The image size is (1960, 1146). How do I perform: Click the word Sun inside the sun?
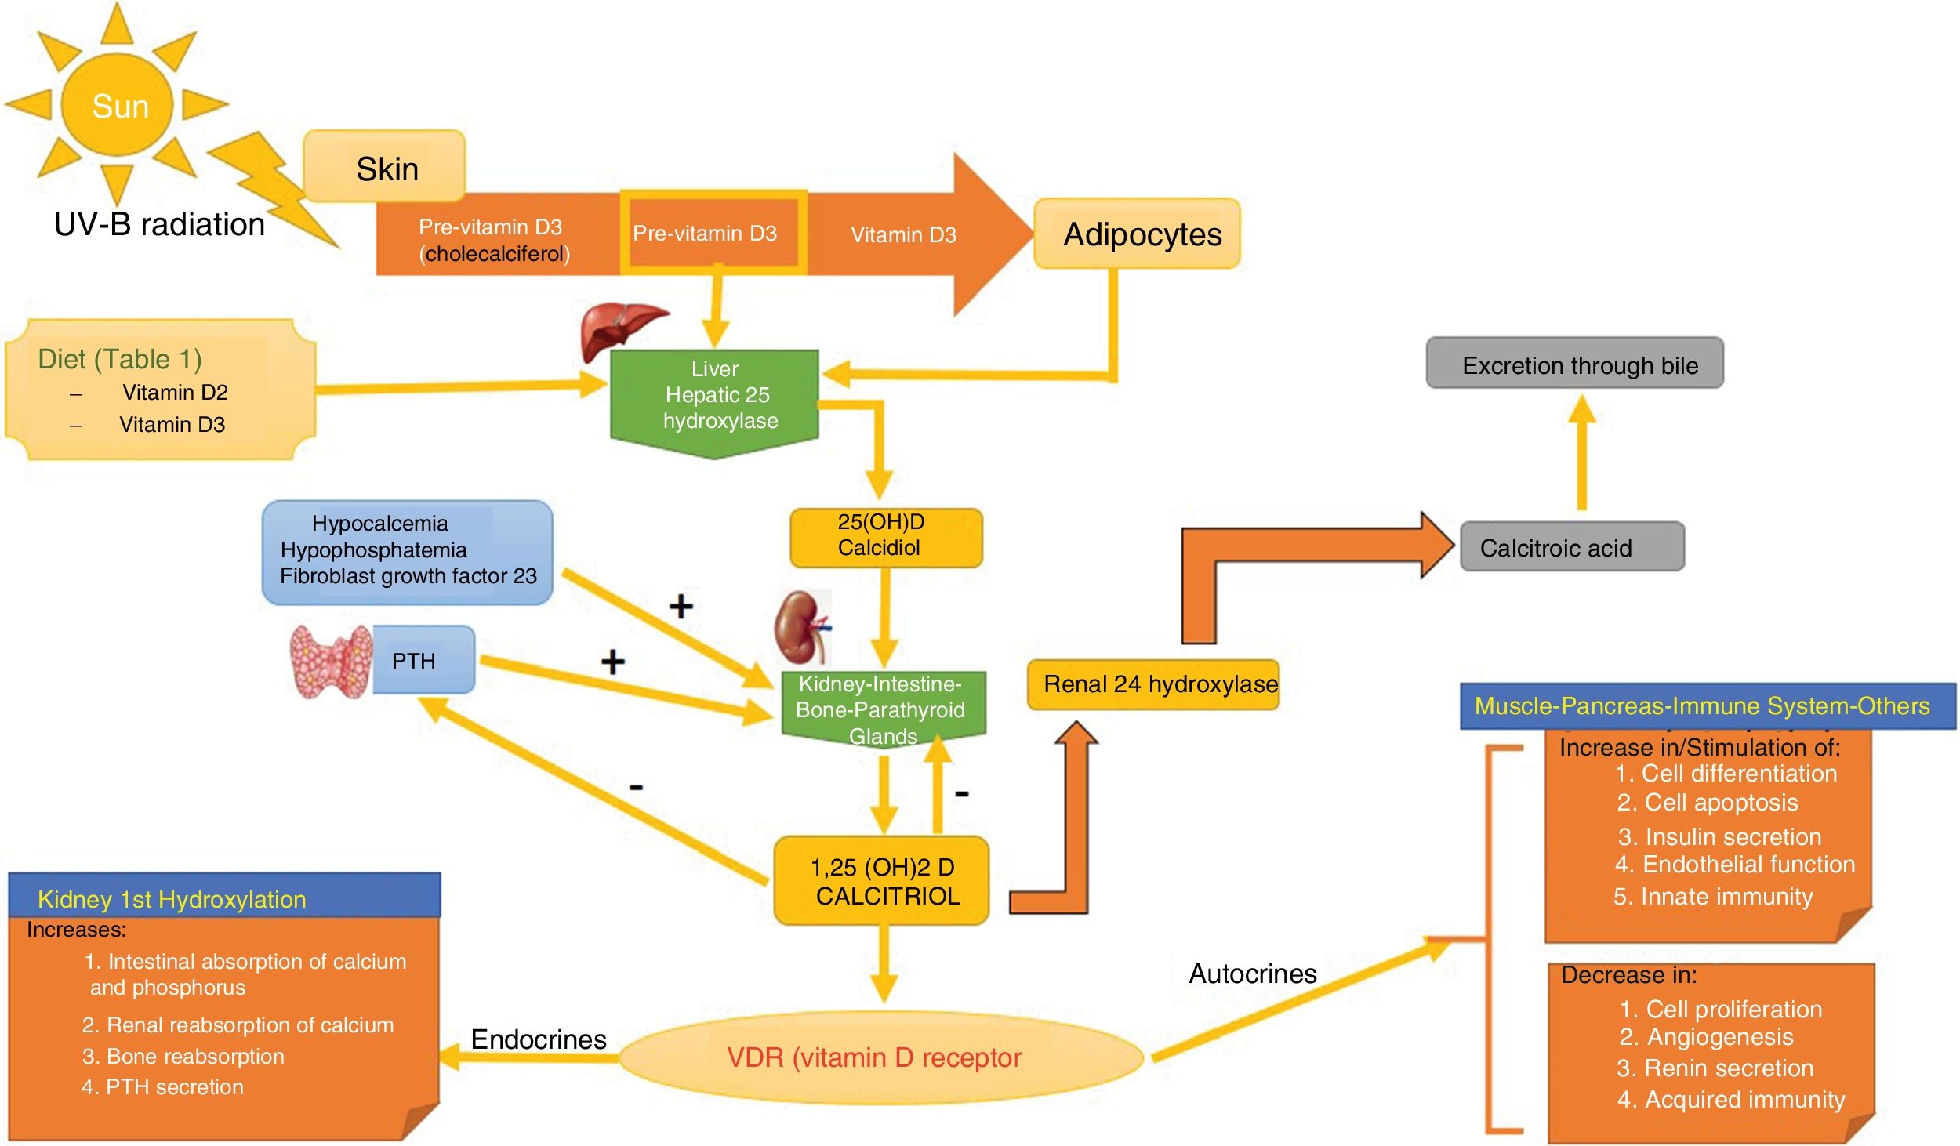[x=120, y=106]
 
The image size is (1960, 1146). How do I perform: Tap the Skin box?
[x=384, y=166]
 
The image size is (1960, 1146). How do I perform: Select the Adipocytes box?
[x=1137, y=234]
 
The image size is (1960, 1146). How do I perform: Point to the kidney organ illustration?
[x=801, y=627]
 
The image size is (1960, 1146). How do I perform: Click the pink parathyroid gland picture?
[x=331, y=662]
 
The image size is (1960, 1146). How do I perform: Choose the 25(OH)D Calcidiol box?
[x=886, y=538]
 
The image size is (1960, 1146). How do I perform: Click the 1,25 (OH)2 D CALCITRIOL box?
[x=881, y=880]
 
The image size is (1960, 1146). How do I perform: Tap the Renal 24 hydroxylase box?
[x=1153, y=684]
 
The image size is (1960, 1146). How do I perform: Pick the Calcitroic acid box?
[x=1572, y=546]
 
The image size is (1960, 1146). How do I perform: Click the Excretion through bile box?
[x=1574, y=363]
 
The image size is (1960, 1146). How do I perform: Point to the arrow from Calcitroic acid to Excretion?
[x=1582, y=452]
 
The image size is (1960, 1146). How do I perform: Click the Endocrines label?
[x=539, y=1039]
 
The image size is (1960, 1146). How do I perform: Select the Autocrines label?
[x=1253, y=974]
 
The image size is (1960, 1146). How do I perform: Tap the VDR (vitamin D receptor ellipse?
[x=881, y=1057]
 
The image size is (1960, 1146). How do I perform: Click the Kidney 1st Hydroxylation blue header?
[x=224, y=895]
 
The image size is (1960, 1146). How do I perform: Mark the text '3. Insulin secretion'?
[x=1719, y=836]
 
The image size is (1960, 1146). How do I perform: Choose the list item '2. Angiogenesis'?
[x=1706, y=1037]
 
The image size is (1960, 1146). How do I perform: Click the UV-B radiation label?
[x=159, y=224]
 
